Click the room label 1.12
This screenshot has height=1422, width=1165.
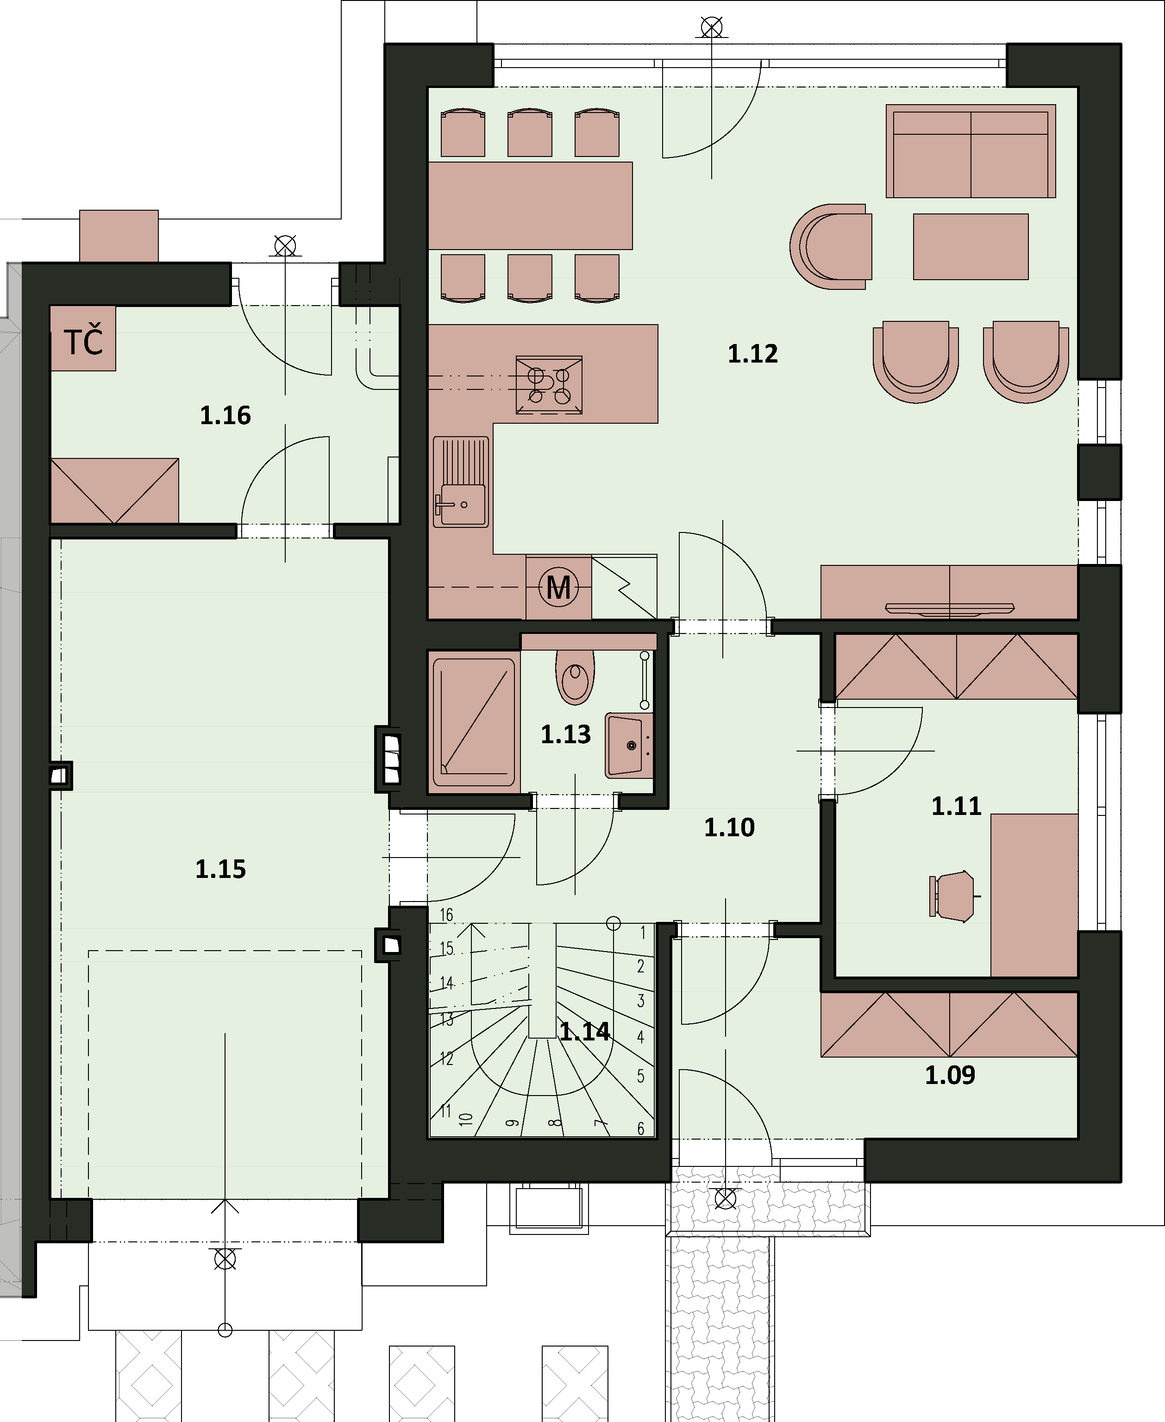[x=753, y=354]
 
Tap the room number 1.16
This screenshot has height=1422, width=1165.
[x=225, y=415]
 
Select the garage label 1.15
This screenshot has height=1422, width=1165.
[x=221, y=869]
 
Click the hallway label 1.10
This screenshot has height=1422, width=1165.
[x=729, y=827]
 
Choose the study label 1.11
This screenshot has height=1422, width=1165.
[x=956, y=806]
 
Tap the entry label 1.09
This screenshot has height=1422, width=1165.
[x=950, y=1076]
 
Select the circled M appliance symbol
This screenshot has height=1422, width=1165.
[x=559, y=587]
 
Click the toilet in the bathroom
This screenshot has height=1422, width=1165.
[x=575, y=675]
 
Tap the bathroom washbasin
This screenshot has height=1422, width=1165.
[x=629, y=745]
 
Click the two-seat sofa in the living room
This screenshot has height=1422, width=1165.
[x=971, y=151]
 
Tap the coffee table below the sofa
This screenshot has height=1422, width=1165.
[x=971, y=246]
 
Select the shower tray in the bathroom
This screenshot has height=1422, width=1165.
[x=474, y=722]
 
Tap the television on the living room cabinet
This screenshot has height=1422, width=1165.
[x=950, y=608]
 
